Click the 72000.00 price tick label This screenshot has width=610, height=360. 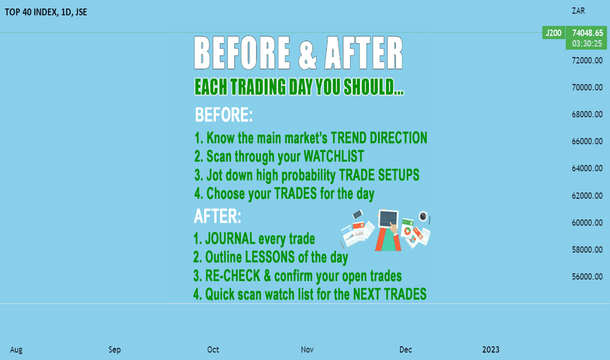[587, 60]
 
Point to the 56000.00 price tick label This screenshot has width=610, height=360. [587, 277]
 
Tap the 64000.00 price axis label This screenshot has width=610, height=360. [587, 168]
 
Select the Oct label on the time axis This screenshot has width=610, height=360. [213, 350]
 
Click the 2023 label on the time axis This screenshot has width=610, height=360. [491, 350]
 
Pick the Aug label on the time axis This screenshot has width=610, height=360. [16, 350]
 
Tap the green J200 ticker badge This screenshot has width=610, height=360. [553, 33]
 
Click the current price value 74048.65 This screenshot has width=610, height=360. [588, 33]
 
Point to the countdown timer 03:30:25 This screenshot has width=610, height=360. [587, 44]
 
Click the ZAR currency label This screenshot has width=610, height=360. [578, 11]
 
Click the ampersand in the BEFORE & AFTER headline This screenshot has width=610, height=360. [308, 53]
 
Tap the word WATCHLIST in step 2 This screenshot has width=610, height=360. [333, 156]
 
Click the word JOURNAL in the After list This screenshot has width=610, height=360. [230, 238]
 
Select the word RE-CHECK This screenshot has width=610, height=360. [232, 276]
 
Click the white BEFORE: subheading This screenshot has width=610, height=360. [224, 115]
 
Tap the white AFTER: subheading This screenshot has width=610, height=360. [217, 216]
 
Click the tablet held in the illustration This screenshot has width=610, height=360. [388, 219]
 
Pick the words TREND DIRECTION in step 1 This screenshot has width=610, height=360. [379, 137]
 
